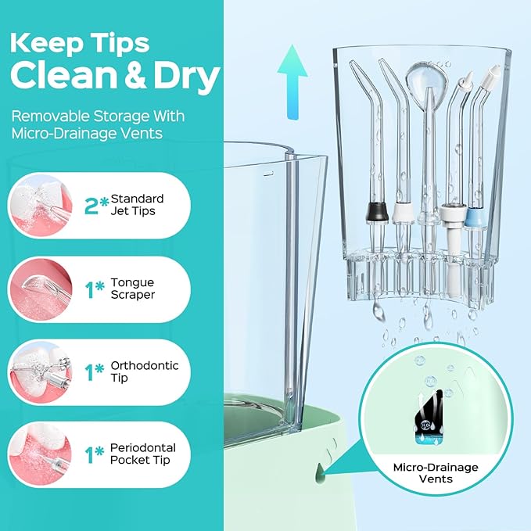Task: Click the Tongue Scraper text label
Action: [x=132, y=289]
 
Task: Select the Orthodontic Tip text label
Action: [x=144, y=371]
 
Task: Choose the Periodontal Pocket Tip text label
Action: [x=142, y=454]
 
